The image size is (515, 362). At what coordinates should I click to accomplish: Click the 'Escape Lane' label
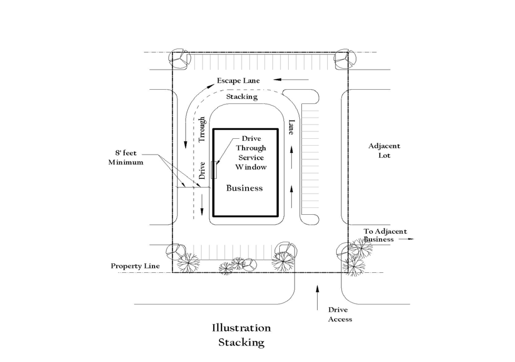click(238, 80)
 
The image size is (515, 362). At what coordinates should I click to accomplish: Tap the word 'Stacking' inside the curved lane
click(242, 97)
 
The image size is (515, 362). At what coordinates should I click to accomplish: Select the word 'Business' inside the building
click(244, 188)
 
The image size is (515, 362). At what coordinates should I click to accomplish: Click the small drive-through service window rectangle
click(214, 170)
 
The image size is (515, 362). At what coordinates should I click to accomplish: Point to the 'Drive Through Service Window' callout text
click(251, 153)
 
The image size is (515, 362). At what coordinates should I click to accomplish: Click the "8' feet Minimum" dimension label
click(126, 158)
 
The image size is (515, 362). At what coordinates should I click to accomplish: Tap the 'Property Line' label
click(135, 266)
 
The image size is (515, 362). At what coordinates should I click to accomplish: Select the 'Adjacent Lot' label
click(384, 151)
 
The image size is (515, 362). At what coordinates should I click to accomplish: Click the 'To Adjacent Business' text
click(385, 235)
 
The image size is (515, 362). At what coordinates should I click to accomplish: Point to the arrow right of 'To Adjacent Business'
click(407, 239)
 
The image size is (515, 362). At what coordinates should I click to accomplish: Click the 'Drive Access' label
click(340, 315)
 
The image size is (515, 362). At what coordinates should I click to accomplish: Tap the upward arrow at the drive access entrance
click(317, 297)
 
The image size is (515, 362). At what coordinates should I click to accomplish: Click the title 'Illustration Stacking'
click(241, 335)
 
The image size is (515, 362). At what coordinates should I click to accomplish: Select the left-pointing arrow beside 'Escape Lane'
click(291, 79)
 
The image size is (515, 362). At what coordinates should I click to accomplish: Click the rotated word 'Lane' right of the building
click(291, 127)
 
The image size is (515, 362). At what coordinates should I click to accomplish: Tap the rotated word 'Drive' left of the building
click(202, 171)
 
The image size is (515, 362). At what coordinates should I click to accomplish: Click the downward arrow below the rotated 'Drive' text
click(202, 205)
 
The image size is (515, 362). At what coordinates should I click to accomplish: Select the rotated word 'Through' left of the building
click(202, 129)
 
